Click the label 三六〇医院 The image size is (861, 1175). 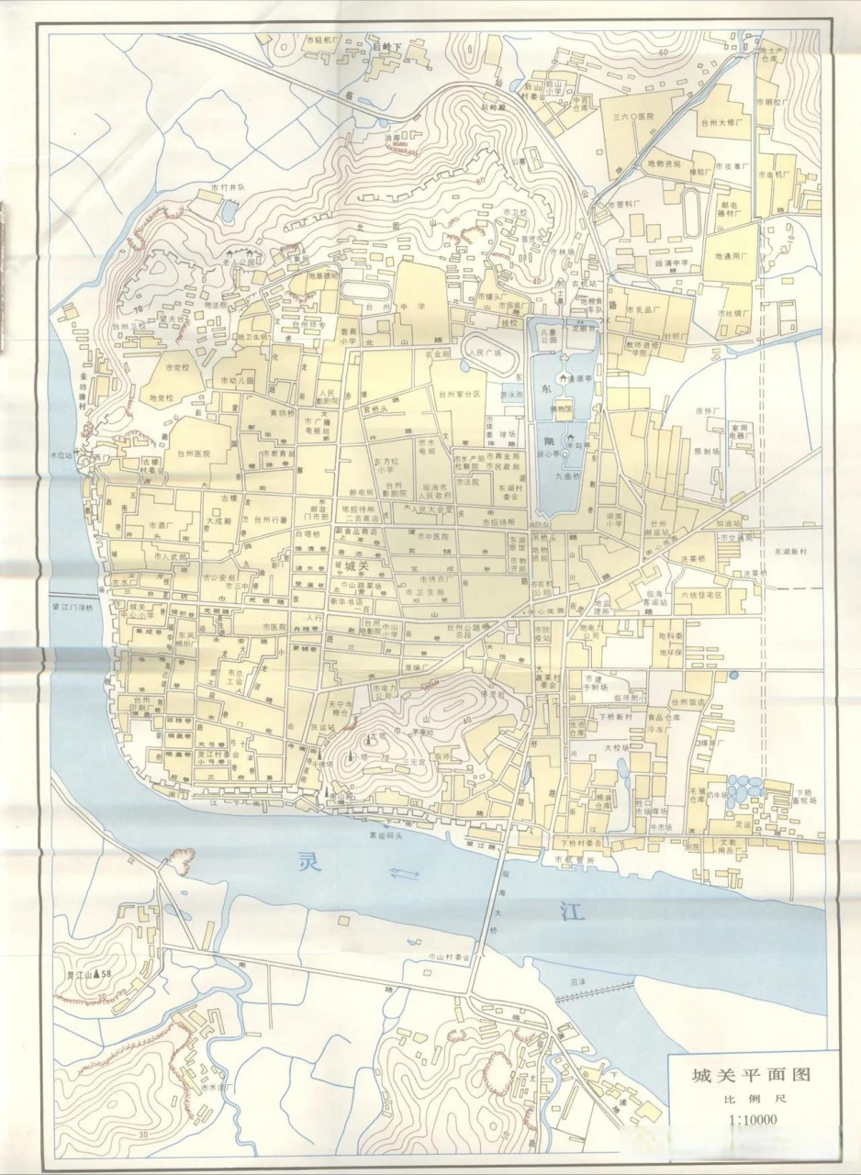click(x=632, y=117)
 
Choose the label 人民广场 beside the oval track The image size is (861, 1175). click(x=486, y=352)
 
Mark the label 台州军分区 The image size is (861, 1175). click(x=460, y=395)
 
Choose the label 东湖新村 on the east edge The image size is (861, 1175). click(x=792, y=552)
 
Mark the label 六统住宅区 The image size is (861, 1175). click(x=700, y=595)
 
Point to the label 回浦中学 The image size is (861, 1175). click(x=671, y=263)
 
